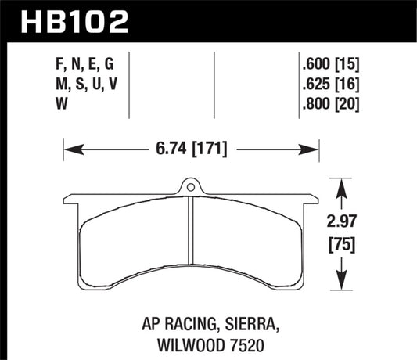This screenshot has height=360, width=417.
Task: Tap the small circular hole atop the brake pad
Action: [189, 185]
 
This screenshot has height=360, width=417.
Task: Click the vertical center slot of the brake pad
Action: [190, 239]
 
